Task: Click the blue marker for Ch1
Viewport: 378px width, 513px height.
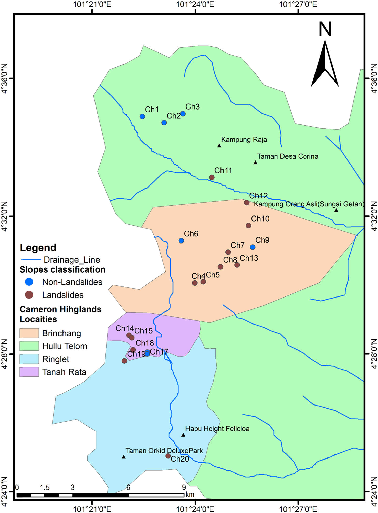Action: click(142, 116)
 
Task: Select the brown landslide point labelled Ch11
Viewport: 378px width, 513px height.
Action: click(212, 177)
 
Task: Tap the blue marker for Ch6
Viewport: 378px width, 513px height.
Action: click(181, 241)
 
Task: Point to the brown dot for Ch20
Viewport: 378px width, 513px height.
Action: click(168, 456)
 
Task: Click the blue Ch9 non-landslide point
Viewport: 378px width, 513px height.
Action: click(253, 247)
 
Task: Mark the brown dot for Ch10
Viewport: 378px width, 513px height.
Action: click(248, 226)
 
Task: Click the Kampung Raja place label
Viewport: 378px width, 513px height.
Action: click(244, 140)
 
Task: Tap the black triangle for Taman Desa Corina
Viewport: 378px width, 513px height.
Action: click(255, 163)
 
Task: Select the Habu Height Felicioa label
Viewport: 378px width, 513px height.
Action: click(217, 429)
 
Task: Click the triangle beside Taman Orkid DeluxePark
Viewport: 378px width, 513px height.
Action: click(124, 457)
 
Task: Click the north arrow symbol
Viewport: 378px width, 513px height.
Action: click(325, 63)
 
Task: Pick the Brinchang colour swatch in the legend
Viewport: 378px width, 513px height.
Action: click(29, 333)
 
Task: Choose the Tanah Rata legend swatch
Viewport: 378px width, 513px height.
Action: click(29, 372)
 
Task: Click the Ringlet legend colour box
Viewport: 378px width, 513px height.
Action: click(29, 359)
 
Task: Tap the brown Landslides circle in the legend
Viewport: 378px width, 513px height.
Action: click(29, 295)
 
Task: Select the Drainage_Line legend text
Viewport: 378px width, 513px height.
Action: click(72, 260)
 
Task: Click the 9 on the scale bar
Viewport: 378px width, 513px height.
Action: click(184, 487)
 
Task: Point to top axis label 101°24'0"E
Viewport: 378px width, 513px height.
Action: click(195, 4)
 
